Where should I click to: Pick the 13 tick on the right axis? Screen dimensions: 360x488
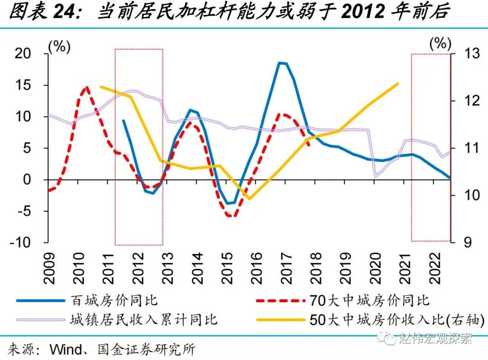click(465, 53)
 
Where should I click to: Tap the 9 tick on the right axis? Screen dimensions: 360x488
click(462, 242)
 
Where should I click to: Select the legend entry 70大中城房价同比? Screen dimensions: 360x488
click(369, 300)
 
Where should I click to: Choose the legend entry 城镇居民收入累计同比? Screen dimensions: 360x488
click(144, 320)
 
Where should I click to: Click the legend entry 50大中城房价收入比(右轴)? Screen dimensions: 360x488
click(397, 320)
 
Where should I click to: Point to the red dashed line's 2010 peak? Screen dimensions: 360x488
click(86, 87)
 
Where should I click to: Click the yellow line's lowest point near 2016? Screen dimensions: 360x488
click(249, 199)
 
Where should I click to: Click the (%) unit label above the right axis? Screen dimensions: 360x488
click(440, 44)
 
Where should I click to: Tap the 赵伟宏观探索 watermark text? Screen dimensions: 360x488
click(435, 338)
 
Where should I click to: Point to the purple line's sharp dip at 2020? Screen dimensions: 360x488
click(375, 176)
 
